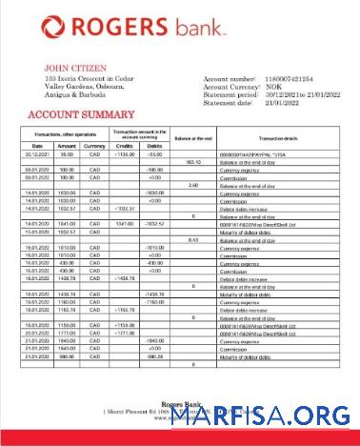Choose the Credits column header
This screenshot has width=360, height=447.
[x=124, y=144]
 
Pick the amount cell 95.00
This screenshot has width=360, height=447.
[x=67, y=153]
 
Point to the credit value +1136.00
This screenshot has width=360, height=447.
[x=124, y=153]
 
